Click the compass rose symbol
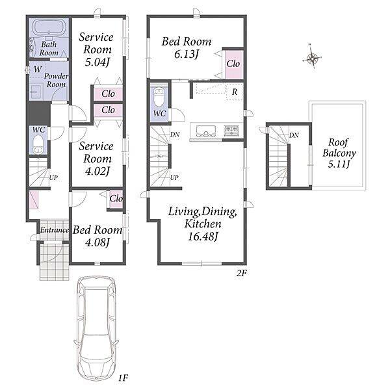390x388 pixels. click(312, 58)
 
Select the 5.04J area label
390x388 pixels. click(97, 62)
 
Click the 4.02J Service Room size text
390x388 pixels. click(97, 171)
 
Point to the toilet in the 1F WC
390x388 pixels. click(38, 144)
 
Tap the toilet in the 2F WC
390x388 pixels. click(159, 96)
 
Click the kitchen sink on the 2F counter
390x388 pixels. click(205, 131)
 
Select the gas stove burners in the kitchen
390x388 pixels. click(231, 129)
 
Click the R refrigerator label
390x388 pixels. click(234, 92)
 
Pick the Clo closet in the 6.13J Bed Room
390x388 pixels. click(233, 64)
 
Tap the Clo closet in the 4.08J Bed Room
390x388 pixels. click(116, 198)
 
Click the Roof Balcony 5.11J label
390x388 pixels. click(339, 153)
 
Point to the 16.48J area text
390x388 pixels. click(203, 236)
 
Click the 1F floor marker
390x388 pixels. click(123, 378)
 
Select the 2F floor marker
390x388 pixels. click(242, 273)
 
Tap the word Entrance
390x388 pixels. click(55, 230)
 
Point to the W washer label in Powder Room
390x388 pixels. click(38, 69)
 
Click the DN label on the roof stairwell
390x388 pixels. click(294, 135)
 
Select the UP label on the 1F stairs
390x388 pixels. click(53, 177)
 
